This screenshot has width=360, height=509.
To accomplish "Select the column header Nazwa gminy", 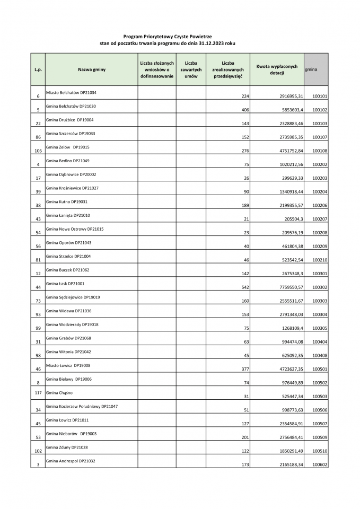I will (92, 70).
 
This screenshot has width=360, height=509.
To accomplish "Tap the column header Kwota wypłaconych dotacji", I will (277, 69).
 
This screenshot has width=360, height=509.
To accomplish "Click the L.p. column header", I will (38, 70).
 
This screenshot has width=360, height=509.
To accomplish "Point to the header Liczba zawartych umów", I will (191, 70).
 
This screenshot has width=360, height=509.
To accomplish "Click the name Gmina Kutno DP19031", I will (67, 201).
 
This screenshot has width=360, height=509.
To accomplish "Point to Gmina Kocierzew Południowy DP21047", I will (82, 406).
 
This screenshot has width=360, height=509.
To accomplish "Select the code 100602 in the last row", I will (320, 464).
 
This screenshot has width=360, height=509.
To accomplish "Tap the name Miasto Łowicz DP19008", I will (68, 365).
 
